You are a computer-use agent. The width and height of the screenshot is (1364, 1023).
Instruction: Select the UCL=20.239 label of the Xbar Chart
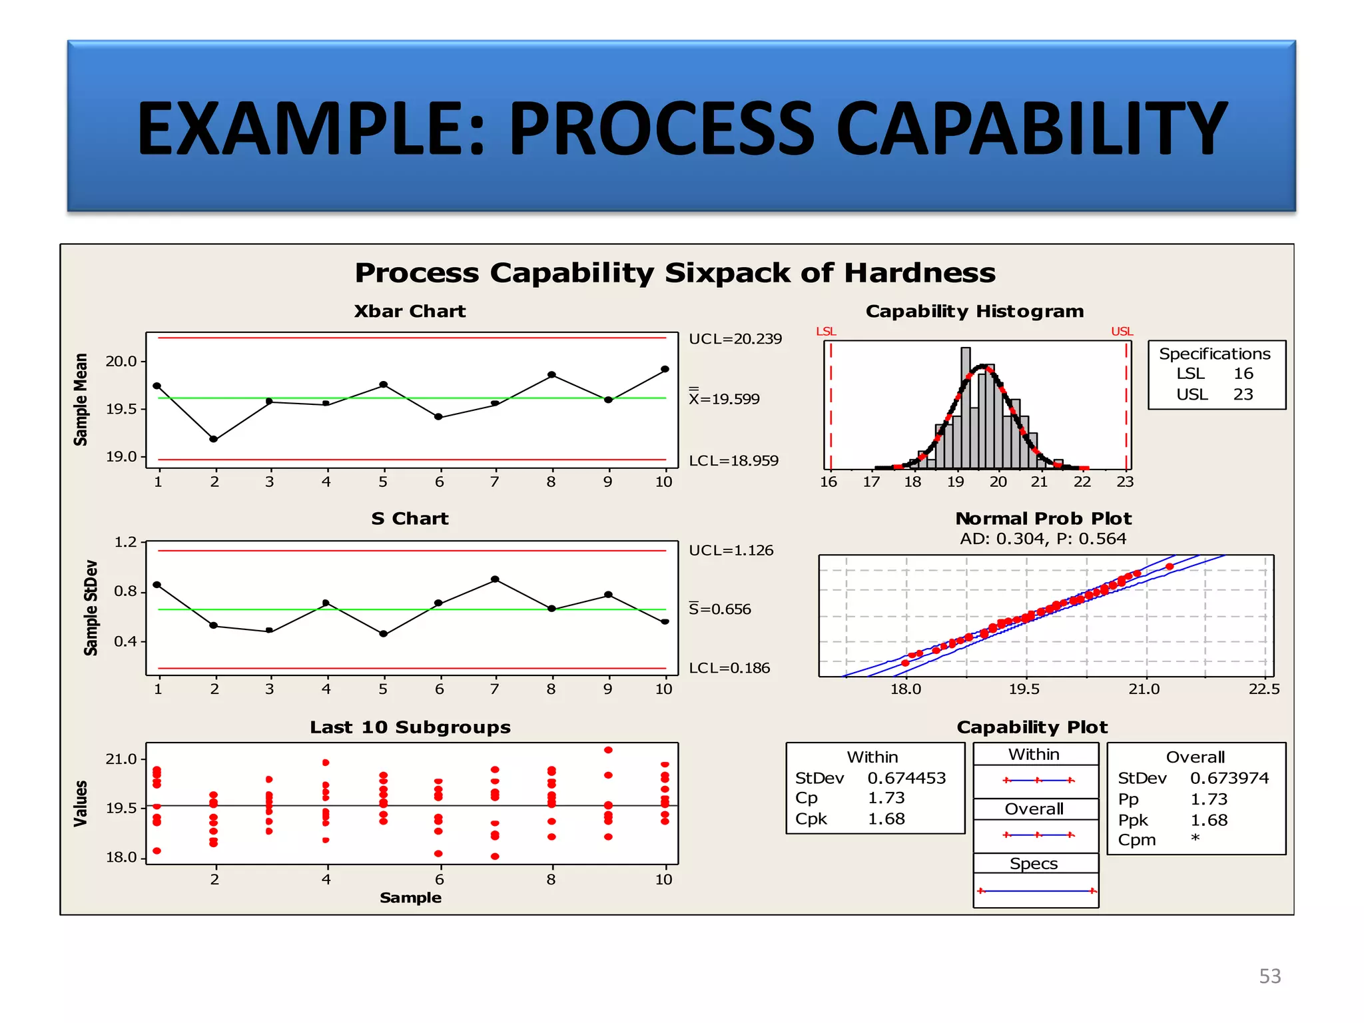click(x=735, y=339)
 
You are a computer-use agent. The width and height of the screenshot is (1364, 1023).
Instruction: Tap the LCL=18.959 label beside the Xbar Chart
click(x=733, y=461)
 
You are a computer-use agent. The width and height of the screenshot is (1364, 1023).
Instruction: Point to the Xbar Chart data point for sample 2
click(x=214, y=439)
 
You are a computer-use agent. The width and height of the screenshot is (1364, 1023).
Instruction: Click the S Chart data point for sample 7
click(x=495, y=579)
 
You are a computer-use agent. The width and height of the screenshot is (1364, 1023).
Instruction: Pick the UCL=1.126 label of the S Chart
click(x=731, y=551)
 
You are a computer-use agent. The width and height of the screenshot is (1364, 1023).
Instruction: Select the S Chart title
click(x=410, y=519)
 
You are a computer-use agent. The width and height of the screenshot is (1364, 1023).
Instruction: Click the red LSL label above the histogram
click(x=826, y=332)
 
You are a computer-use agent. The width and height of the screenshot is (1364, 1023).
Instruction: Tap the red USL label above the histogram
click(x=1122, y=332)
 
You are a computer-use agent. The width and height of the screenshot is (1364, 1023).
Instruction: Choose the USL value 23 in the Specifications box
click(x=1243, y=395)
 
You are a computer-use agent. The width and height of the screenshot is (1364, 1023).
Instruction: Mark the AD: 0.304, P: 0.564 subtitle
click(x=1043, y=539)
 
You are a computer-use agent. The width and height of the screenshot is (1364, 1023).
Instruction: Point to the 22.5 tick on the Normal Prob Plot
click(x=1263, y=689)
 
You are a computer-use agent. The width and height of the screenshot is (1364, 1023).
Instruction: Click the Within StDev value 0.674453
click(x=906, y=778)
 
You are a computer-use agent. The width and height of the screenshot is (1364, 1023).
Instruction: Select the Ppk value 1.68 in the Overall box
click(x=1209, y=821)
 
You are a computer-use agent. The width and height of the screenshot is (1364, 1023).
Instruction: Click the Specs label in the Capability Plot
click(x=1034, y=864)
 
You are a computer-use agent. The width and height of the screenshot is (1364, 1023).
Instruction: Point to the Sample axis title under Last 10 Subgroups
click(x=410, y=898)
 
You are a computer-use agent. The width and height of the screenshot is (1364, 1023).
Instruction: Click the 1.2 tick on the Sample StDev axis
click(x=125, y=542)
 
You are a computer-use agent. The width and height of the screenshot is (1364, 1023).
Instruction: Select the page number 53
click(x=1269, y=976)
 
